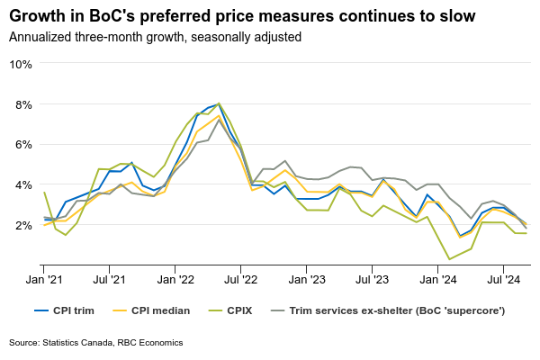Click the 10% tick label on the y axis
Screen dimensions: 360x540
click(21, 64)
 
